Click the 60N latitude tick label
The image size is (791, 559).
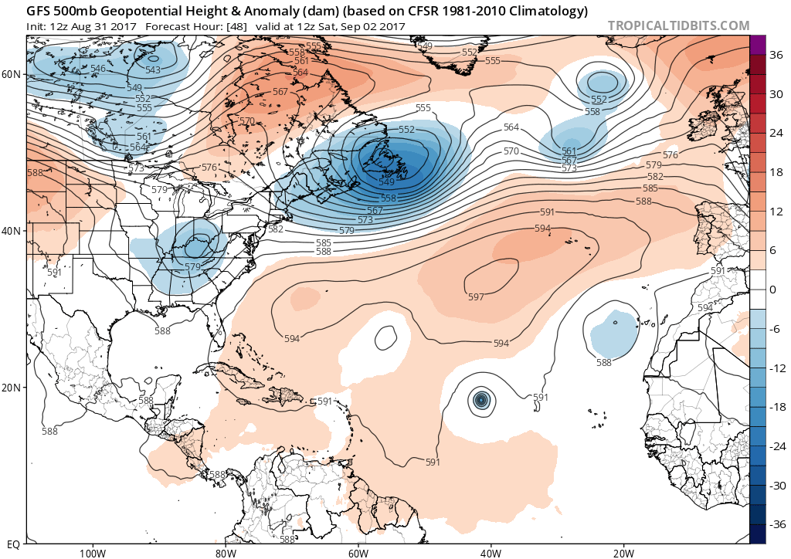(11, 74)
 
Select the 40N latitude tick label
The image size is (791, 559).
(11, 231)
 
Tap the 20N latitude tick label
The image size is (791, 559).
(11, 388)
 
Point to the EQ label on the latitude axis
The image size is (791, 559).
(12, 544)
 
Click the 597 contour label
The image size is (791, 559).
(476, 297)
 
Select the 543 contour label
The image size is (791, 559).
(153, 70)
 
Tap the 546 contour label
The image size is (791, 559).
(98, 69)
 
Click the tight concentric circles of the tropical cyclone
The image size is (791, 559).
(481, 399)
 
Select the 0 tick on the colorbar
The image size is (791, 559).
(772, 290)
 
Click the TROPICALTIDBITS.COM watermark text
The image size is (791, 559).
(678, 25)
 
